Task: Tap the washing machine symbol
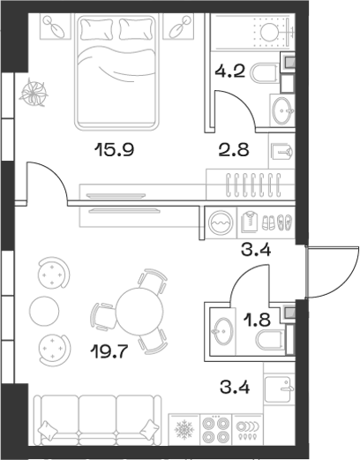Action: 220,222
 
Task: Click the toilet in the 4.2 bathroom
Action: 264,73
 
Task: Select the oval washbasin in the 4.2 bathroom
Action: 281,110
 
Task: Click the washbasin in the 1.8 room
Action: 219,327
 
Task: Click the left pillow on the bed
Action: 97,32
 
